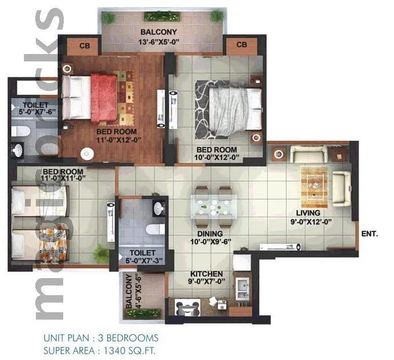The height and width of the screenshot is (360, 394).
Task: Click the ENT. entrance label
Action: (371, 233)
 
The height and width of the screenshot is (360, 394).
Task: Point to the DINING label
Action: (210, 234)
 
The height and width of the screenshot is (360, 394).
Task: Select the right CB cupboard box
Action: (240, 45)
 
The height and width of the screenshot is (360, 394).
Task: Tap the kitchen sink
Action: (243, 287)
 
